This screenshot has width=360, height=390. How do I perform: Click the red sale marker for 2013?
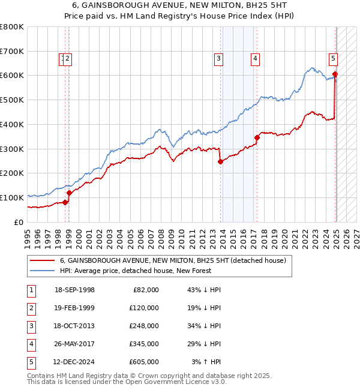[x=220, y=161]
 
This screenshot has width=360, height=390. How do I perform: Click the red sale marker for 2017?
[x=257, y=137]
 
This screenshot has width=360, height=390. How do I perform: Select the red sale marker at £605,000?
[x=335, y=74]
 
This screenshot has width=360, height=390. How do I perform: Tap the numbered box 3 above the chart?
[x=218, y=59]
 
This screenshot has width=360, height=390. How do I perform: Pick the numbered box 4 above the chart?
[x=255, y=59]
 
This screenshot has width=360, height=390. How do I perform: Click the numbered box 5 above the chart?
[x=333, y=59]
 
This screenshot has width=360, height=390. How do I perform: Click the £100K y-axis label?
[x=12, y=197]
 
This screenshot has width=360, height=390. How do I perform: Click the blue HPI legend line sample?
[x=43, y=271]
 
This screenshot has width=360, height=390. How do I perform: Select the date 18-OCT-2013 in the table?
[x=74, y=326]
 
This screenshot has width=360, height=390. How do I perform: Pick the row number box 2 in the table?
[x=30, y=308]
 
